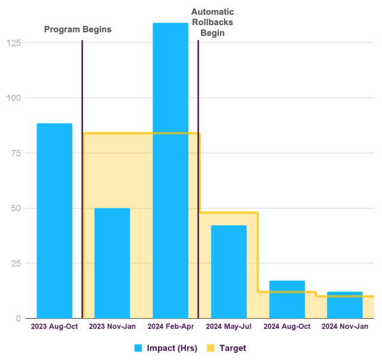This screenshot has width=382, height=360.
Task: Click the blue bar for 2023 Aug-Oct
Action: click(x=54, y=221)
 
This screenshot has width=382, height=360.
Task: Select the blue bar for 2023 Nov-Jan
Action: click(x=112, y=263)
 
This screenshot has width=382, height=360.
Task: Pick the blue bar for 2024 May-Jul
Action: click(x=228, y=271)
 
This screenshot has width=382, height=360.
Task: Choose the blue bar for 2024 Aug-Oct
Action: click(x=287, y=299)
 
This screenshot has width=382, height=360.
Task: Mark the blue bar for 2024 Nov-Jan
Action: click(x=345, y=305)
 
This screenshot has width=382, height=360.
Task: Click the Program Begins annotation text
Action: click(x=78, y=29)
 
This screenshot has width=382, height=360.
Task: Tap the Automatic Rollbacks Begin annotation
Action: click(x=212, y=23)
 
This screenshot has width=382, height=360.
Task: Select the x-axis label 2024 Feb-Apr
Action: click(x=170, y=327)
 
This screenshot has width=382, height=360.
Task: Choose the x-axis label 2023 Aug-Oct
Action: click(x=54, y=327)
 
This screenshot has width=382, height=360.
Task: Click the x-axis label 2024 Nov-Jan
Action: click(x=345, y=327)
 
